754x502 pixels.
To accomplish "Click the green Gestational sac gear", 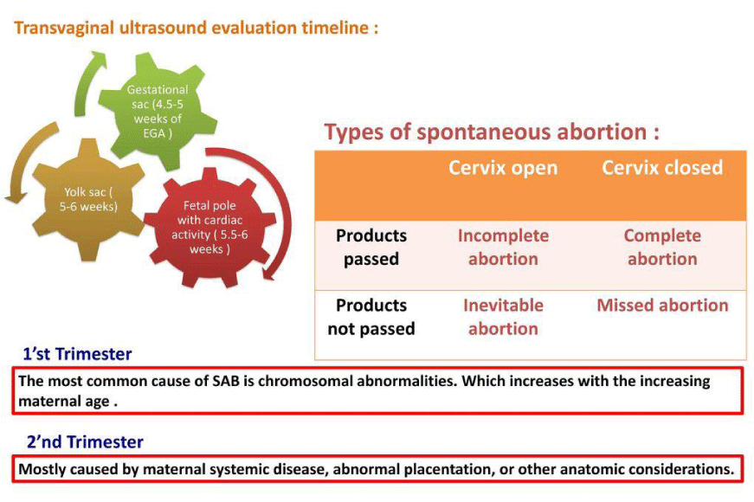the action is tap(158, 112).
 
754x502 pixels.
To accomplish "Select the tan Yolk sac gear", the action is tap(88, 200).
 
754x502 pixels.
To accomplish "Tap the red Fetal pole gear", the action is tap(210, 228).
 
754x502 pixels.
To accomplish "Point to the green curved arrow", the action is tap(88, 81).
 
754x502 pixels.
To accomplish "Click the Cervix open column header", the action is tap(503, 168).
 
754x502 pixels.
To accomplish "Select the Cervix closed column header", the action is tap(662, 167).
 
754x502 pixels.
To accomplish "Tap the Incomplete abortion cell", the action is tap(503, 248).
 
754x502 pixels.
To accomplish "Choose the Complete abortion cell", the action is tap(662, 248).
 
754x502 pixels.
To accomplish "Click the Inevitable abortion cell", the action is tap(503, 317).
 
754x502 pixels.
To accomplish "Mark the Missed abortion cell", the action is tap(662, 306).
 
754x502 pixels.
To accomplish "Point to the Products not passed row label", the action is tap(371, 317).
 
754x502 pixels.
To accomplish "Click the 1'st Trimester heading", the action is tap(77, 354).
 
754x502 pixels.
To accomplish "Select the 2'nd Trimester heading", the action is tap(85, 442).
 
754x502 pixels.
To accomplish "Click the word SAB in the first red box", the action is tap(226, 382).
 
